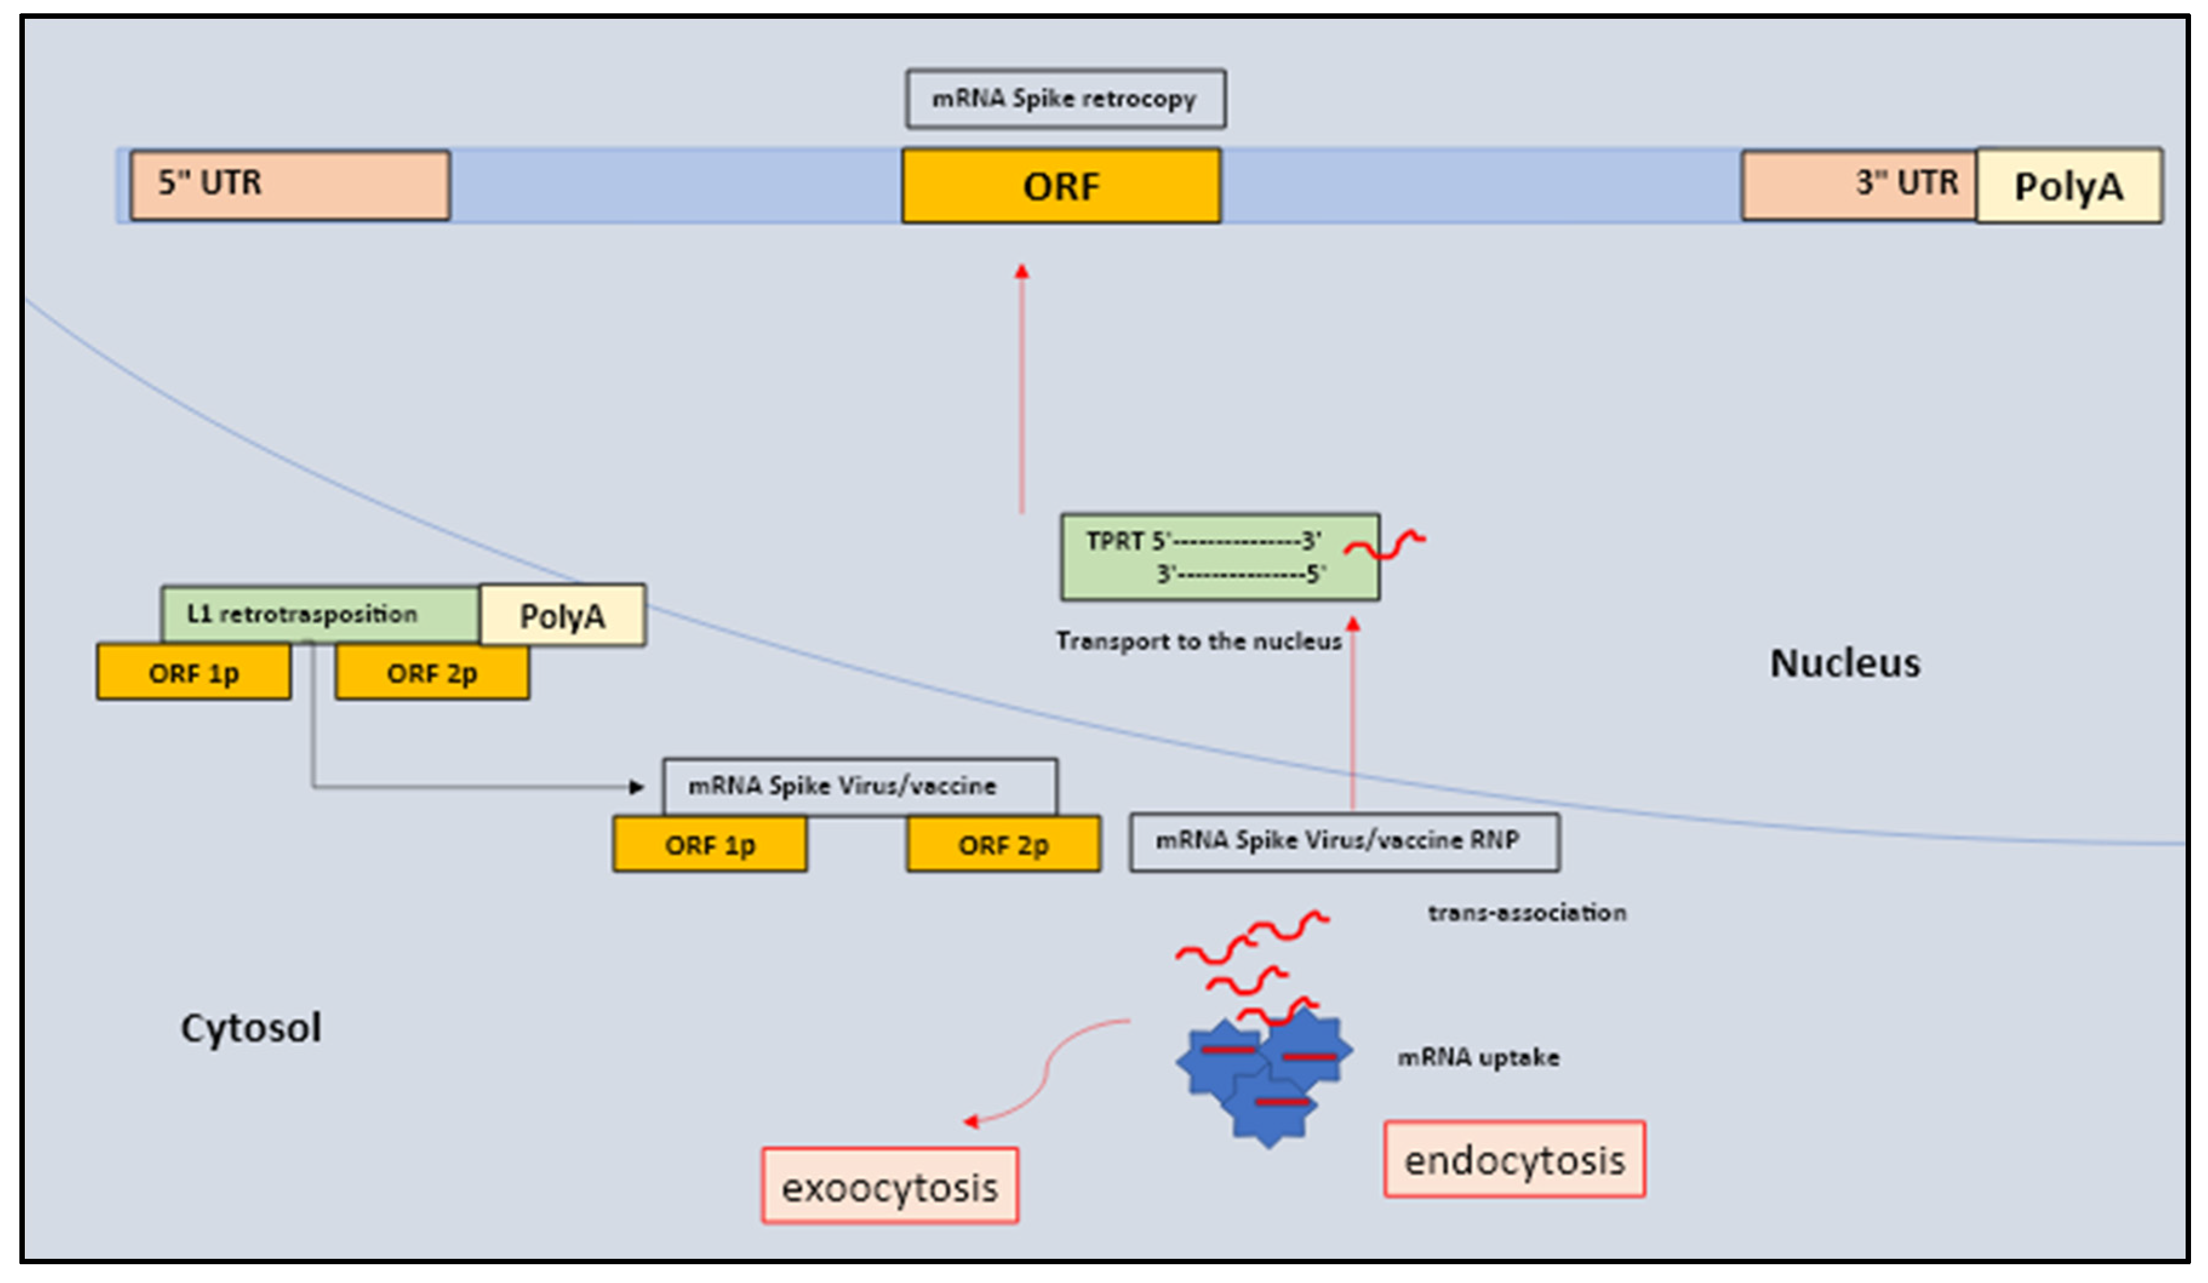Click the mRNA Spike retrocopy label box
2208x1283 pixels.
coord(1065,99)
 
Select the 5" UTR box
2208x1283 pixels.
coord(290,185)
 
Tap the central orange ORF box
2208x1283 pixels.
coord(1061,185)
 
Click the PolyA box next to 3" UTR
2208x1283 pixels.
coord(2069,185)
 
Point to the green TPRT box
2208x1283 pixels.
coord(1220,557)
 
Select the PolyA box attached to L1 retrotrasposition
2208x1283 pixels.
coord(562,615)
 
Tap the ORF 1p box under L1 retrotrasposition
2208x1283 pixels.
coord(194,672)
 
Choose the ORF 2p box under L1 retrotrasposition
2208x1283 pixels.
coord(432,672)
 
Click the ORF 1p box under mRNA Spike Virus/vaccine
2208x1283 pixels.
coord(710,844)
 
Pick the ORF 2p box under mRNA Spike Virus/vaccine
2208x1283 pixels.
coord(1003,844)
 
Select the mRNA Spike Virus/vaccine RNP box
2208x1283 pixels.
coord(1344,841)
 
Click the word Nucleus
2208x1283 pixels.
coord(1845,663)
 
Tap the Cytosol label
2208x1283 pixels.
coord(251,1027)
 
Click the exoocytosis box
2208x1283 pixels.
coord(890,1187)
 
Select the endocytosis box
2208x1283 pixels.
coord(1514,1159)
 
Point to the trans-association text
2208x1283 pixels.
coord(1527,912)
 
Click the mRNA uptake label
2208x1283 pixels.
coord(1478,1057)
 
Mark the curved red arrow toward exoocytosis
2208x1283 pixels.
coord(1043,1073)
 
